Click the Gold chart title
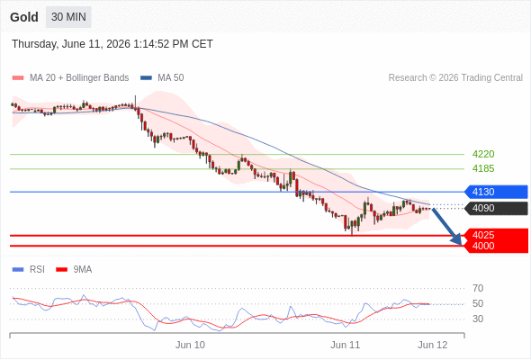(x=24, y=17)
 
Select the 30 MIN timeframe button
(x=68, y=17)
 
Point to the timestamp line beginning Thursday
(x=112, y=44)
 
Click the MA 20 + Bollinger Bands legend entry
(x=70, y=78)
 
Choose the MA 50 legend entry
(x=162, y=78)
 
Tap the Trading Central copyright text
(x=455, y=78)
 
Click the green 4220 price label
(x=483, y=154)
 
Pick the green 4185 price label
(x=483, y=168)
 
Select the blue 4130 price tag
(x=496, y=192)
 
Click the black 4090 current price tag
(x=496, y=208)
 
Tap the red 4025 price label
(x=483, y=235)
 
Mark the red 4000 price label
(x=483, y=246)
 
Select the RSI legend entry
(x=29, y=270)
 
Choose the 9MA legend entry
(x=74, y=270)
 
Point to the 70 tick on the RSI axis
(x=478, y=288)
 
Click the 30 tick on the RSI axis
(x=478, y=319)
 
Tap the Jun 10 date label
(x=190, y=345)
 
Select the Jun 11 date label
(x=345, y=345)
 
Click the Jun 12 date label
(x=433, y=345)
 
